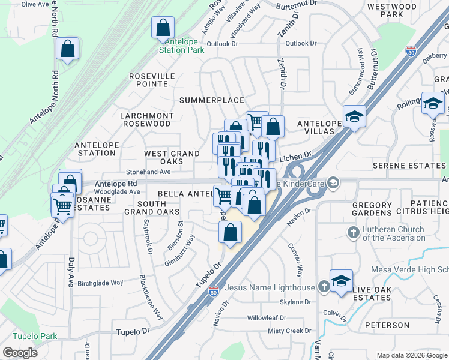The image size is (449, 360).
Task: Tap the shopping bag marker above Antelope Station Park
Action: tap(163, 28)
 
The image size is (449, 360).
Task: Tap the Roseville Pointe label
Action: tap(152, 80)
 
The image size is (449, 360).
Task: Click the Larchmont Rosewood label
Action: tap(146, 119)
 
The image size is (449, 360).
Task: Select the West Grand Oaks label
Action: tap(172, 158)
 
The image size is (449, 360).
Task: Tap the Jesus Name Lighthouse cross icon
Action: tap(323, 287)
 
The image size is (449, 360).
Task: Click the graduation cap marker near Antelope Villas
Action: tap(354, 116)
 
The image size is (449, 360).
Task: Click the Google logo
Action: tap(20, 353)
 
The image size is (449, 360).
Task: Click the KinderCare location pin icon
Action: tap(333, 181)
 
